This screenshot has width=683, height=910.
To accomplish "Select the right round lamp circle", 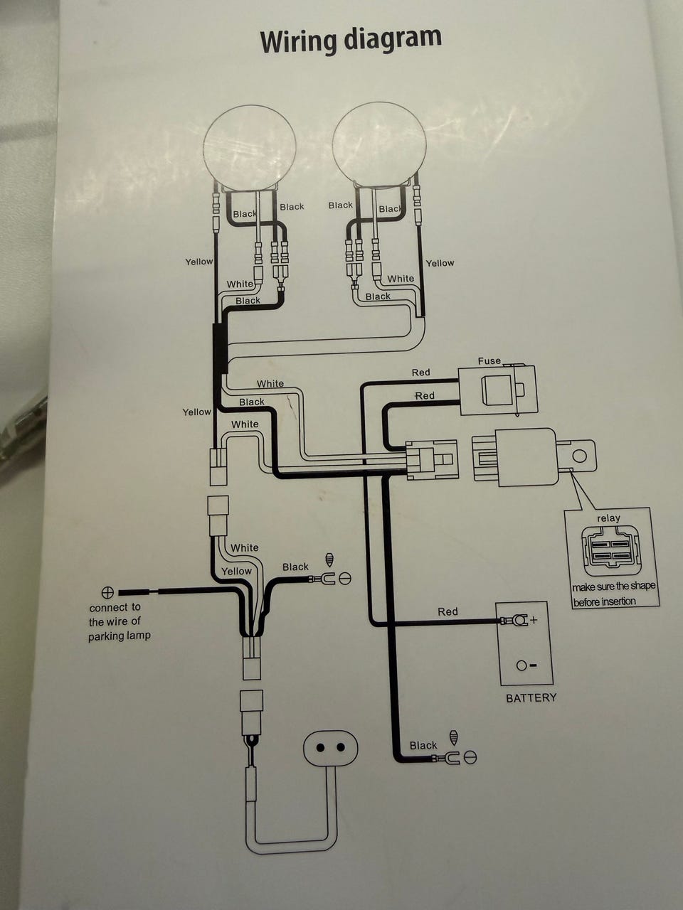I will coord(379,145).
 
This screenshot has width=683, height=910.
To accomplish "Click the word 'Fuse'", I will coord(489,361).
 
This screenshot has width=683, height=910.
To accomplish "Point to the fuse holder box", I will coord(497,390).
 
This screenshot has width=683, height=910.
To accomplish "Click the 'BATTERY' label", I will coord(531,698).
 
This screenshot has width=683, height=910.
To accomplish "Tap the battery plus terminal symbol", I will coord(534,620).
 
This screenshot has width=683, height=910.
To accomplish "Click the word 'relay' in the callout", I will coord(608,518).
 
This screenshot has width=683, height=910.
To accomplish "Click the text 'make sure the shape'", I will coord(613,587).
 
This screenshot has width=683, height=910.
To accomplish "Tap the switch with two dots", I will coord(330,748).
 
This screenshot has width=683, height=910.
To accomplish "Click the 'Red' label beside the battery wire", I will coord(448,611).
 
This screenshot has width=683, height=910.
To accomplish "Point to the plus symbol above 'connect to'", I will coord(108,591).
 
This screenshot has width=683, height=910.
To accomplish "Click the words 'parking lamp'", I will coord(120,636).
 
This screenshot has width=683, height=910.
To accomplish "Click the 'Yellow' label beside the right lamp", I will coord(440,263).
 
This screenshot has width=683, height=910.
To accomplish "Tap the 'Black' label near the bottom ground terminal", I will coord(423,745).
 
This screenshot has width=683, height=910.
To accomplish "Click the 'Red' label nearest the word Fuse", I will coord(420,373).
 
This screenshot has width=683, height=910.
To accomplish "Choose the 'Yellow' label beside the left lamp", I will coord(198,262).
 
